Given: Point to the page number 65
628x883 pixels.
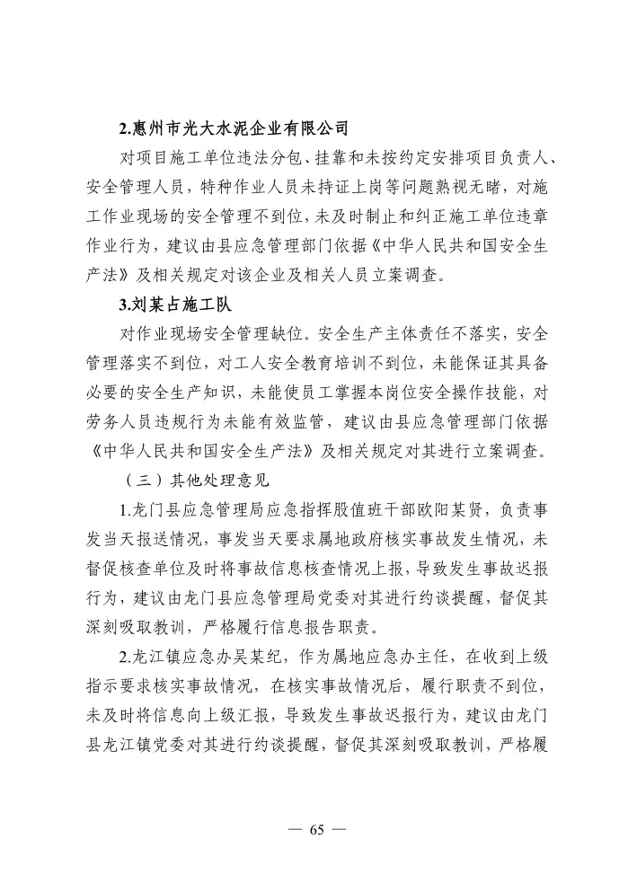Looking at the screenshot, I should (x=314, y=828).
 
